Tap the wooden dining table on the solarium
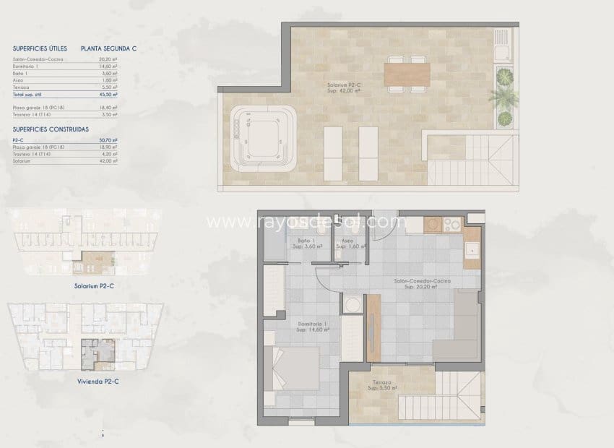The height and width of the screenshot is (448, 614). pos(407,74)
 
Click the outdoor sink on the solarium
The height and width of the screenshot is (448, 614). pos(502,48)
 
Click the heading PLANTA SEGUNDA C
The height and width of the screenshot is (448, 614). pos(109,49)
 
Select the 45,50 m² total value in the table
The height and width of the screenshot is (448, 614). pos(109,94)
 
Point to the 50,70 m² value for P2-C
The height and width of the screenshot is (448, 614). pos(109,139)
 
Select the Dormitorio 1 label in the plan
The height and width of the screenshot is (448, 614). pos(312,327)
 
